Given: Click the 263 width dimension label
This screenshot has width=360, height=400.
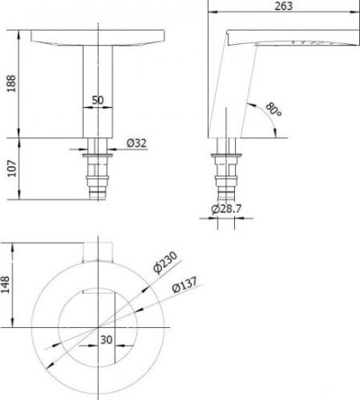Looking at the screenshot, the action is click(283, 6).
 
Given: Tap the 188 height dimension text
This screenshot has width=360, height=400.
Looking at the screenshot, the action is click(11, 84).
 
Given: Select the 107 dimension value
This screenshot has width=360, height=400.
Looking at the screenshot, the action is click(12, 168).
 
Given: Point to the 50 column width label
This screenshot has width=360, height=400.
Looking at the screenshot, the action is click(98, 100).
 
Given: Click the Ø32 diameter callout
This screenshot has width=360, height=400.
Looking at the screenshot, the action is click(136, 143).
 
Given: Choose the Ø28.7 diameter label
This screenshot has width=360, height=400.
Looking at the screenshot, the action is click(226, 209).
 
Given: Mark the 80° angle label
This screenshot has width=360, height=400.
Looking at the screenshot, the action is click(274, 110).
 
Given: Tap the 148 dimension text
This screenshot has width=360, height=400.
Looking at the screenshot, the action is click(5, 284).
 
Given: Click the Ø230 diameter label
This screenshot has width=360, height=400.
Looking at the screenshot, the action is click(165, 262).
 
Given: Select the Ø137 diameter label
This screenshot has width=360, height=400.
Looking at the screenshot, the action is click(185, 284).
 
